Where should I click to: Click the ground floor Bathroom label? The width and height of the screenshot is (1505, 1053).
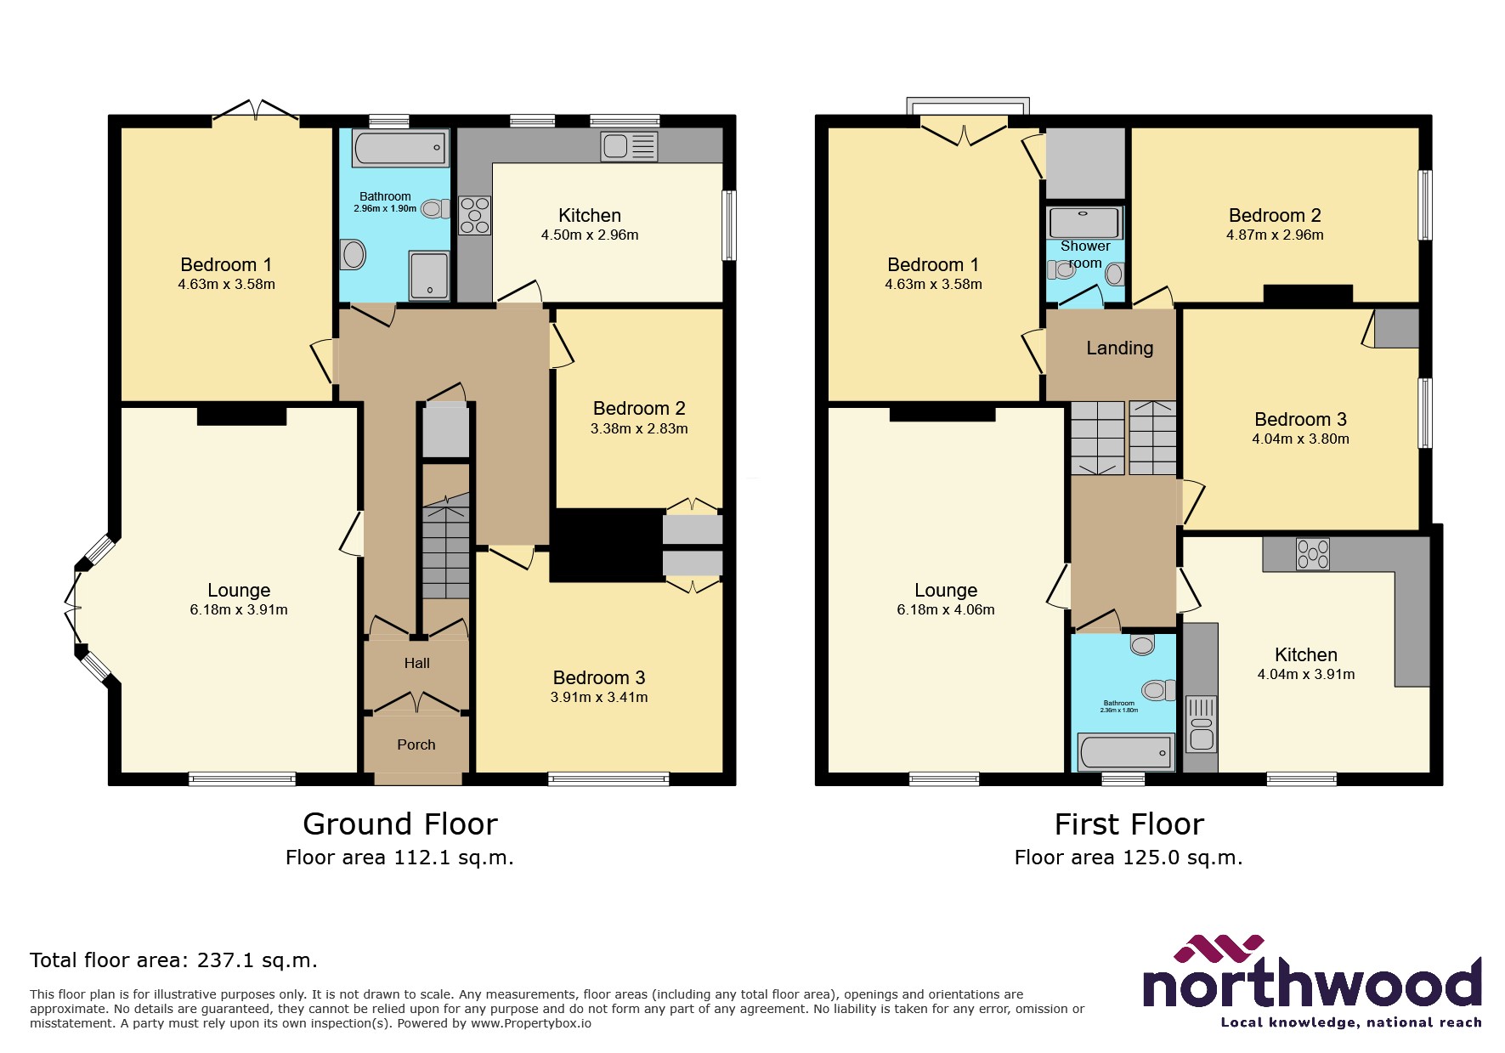[x=385, y=196]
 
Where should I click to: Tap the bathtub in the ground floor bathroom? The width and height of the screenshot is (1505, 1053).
[x=399, y=148]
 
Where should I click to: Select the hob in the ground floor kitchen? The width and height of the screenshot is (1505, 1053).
[x=474, y=215]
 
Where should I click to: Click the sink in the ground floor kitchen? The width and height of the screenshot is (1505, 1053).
[x=629, y=146]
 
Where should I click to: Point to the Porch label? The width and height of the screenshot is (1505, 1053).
[x=416, y=744]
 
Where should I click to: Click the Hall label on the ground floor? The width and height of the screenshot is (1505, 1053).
[x=416, y=663]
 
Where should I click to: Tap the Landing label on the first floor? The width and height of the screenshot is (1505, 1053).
[x=1119, y=348]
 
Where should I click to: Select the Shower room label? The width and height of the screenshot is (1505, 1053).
[x=1085, y=254]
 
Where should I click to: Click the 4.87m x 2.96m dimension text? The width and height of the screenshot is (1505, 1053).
[x=1275, y=235]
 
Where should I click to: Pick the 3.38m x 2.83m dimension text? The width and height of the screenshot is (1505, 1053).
[x=639, y=429]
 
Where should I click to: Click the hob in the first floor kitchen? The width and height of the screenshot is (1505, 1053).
[x=1312, y=554]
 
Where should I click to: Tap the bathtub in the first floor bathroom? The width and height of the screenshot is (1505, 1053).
[x=1125, y=752]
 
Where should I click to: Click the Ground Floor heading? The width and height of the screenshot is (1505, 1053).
[x=399, y=824]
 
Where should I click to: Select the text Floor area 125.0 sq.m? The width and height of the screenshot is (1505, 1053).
[x=1128, y=858]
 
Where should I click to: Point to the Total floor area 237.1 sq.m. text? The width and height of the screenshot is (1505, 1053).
[x=173, y=960]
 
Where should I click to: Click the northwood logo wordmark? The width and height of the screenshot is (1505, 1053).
[x=1311, y=984]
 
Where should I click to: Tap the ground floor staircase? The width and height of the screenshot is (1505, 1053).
[x=445, y=548]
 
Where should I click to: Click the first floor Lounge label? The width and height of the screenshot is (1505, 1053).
[x=945, y=590]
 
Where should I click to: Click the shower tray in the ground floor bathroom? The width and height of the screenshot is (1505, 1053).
[x=429, y=275]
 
